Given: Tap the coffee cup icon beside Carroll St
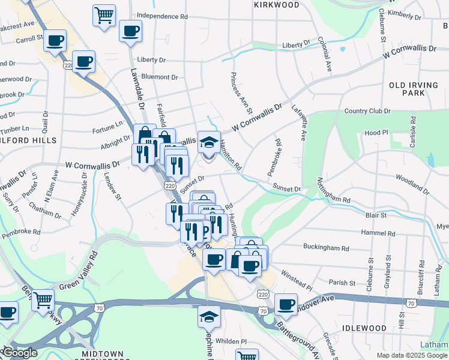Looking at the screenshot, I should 55,41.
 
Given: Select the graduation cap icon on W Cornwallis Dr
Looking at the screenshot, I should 209,142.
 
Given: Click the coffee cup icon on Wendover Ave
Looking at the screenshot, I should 286,304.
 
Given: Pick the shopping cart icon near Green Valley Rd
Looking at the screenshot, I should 43,300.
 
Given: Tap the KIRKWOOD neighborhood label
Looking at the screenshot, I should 277,5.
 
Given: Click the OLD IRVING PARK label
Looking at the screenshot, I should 414,89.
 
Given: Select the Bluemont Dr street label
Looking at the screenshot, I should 158,77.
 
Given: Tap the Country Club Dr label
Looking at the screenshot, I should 367,111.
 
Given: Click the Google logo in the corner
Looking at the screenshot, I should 20,353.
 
